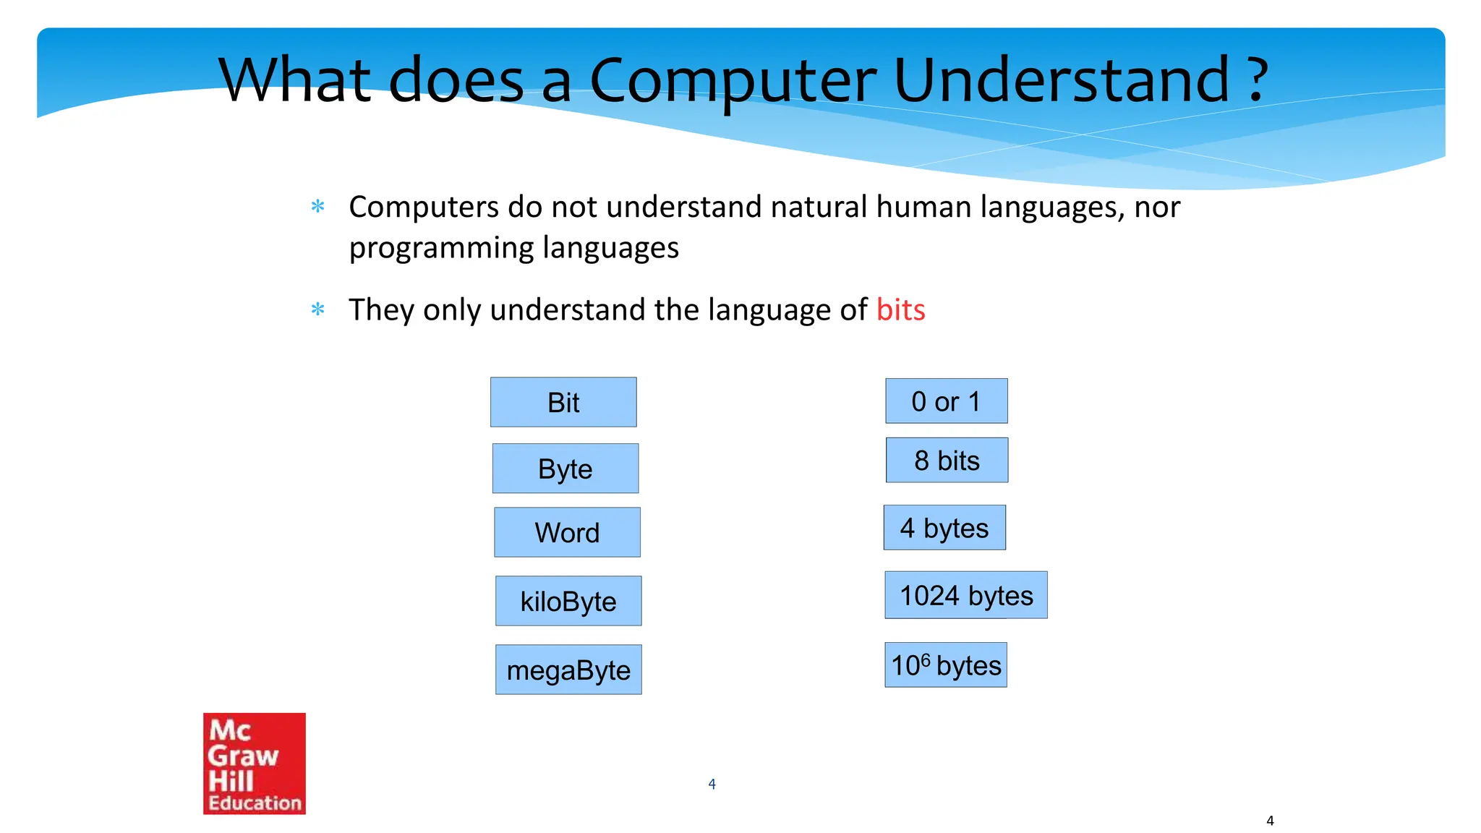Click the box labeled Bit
(563, 402)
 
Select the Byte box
(565, 469)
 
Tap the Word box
(567, 532)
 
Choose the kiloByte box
(568, 601)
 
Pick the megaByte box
(568, 670)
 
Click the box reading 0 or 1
(946, 401)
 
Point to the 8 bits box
(947, 461)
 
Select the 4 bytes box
(944, 528)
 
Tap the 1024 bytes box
(966, 595)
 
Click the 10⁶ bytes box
(946, 665)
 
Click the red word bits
(900, 309)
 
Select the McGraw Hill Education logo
(255, 764)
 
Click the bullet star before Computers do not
(317, 207)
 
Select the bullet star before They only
(317, 310)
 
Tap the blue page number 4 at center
(712, 784)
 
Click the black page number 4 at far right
(1270, 821)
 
